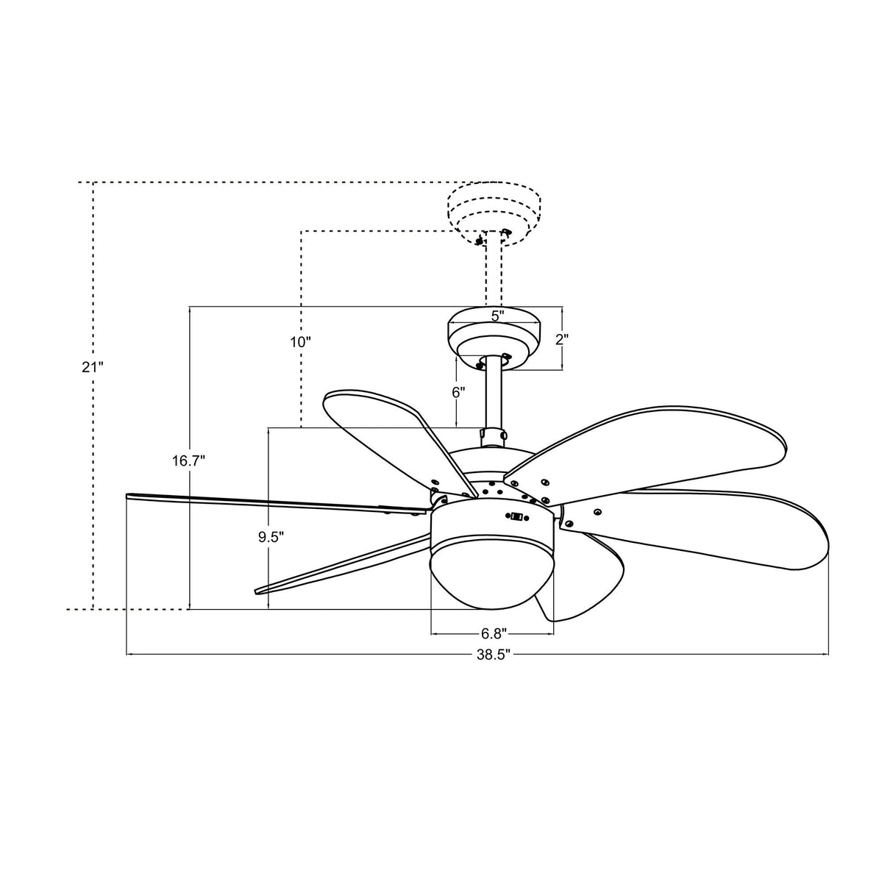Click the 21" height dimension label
pyautogui.click(x=93, y=367)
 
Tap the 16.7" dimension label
pyautogui.click(x=189, y=461)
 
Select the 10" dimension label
pyautogui.click(x=300, y=342)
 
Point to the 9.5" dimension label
pyautogui.click(x=270, y=537)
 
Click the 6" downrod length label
pyautogui.click(x=458, y=393)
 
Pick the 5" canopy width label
pyautogui.click(x=497, y=316)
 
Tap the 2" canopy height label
pyautogui.click(x=563, y=339)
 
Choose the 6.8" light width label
pyautogui.click(x=493, y=633)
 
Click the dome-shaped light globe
pyautogui.click(x=492, y=574)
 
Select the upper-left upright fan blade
pyautogui.click(x=383, y=434)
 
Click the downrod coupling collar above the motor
pyautogui.click(x=493, y=435)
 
